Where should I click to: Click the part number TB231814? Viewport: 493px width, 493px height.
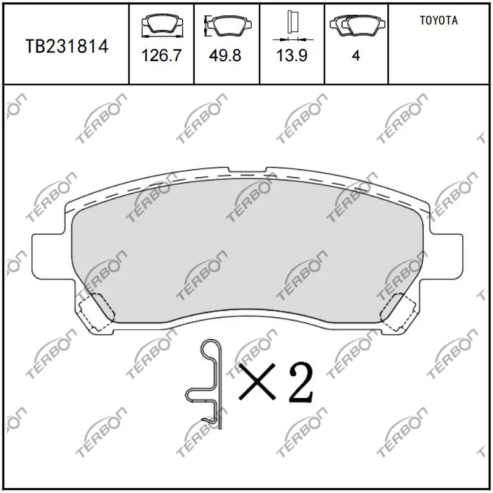pos(67,46)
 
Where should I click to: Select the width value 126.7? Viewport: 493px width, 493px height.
pos(161,56)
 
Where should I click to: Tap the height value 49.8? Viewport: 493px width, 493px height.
pos(225,56)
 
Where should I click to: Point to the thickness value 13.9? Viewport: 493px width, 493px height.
pos(292,56)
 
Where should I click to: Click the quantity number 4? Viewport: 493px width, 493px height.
pos(356,56)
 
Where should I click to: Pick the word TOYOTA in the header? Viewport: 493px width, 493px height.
pos(439,20)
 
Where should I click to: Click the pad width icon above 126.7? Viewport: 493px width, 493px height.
pos(162,26)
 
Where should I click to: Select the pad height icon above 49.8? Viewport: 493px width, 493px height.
pos(228,25)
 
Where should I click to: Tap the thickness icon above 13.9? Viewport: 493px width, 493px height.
pos(293,26)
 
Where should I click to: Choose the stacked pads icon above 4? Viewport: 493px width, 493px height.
pos(358,25)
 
